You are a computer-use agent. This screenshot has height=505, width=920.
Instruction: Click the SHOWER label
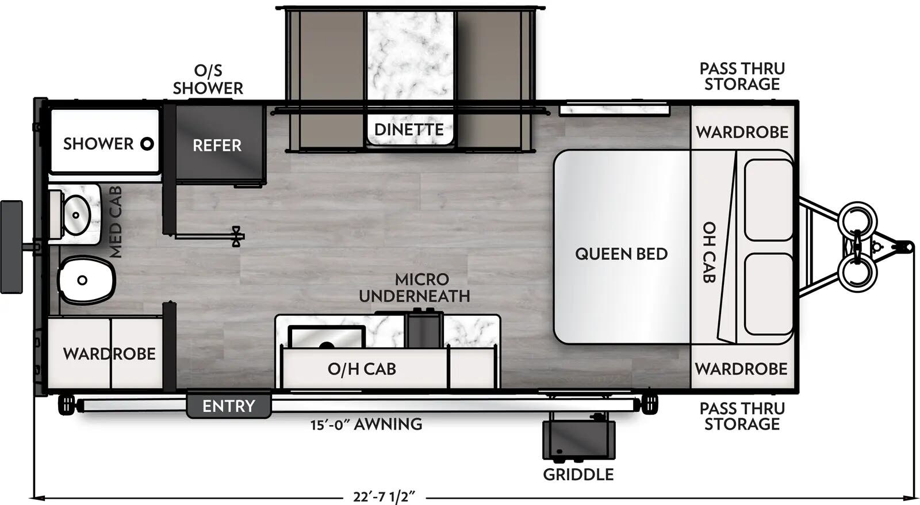pos(98,143)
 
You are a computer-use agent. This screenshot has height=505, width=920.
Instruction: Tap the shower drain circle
pos(147,144)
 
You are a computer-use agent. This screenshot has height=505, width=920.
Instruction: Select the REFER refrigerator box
pos(217,145)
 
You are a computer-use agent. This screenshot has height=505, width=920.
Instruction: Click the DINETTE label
pos(409,129)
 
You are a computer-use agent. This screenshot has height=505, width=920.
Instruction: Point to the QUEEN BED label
pos(621,254)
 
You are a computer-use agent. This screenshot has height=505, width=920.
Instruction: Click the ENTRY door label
pos(228,406)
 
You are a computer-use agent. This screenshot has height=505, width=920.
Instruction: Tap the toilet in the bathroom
pos(85,280)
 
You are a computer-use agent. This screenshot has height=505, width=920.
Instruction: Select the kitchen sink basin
pos(326,338)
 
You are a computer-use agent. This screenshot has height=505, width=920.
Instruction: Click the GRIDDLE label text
pos(578,475)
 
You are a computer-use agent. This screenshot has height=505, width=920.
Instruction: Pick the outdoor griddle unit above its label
pos(578,439)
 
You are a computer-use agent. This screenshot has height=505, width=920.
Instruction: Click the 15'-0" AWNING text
pos(366,424)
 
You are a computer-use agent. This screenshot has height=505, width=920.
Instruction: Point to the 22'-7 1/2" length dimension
pos(384,496)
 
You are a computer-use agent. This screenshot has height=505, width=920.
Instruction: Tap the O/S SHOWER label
pos(208,79)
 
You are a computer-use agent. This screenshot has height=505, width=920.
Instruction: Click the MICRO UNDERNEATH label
pos(415,288)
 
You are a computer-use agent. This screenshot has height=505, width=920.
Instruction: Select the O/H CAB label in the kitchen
pos(362,369)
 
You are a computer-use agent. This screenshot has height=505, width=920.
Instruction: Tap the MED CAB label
pos(116,221)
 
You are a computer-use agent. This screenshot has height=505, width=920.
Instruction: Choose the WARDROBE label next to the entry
pos(109,353)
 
